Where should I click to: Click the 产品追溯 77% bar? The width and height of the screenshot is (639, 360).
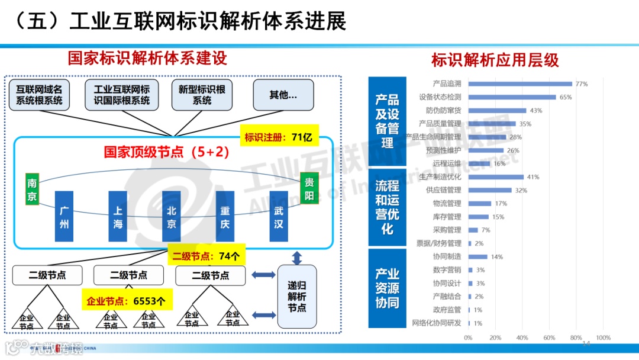pos(520,84)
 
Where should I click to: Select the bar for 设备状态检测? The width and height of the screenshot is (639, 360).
pos(512,97)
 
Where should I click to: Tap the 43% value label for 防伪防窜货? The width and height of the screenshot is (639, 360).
pos(536,111)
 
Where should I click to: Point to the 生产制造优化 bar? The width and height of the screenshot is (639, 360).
pos(496,177)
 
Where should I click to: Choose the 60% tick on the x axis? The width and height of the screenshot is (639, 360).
pos(549,338)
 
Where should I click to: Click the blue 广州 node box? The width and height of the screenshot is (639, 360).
pos(64,216)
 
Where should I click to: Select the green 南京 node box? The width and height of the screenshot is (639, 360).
pos(32,189)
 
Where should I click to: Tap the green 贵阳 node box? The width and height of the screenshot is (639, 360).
pos(309,188)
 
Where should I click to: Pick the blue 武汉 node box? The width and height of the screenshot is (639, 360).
pos(278,216)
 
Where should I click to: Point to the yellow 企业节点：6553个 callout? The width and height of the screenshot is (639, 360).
pos(126,301)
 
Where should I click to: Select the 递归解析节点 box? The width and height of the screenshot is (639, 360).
pos(297,297)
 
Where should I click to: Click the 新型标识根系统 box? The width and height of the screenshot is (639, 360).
pos(202,95)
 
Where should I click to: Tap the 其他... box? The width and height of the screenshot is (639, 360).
pos(283,95)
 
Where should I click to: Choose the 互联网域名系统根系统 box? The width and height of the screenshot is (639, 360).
pos(39,95)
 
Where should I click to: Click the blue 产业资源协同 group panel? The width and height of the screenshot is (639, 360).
pos(387,288)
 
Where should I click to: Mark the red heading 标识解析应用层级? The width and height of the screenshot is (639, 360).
pos(495,60)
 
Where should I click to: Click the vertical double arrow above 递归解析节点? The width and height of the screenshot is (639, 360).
pos(297,258)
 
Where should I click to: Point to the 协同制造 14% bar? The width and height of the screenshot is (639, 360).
pos(478,257)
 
